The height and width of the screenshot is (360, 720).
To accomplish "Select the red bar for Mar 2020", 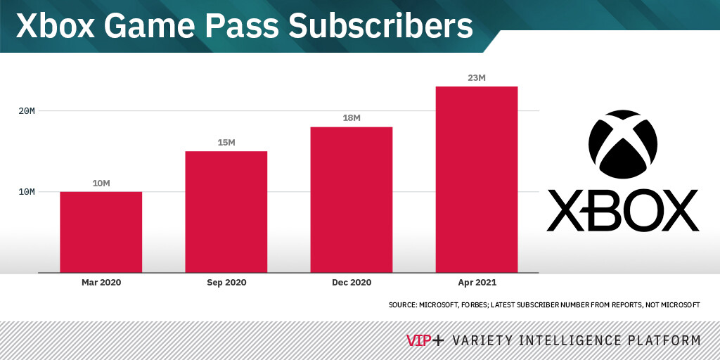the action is pyautogui.click(x=101, y=232).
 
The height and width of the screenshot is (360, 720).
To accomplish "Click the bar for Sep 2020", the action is pyautogui.click(x=226, y=212).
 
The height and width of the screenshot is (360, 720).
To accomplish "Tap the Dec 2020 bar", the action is pyautogui.click(x=352, y=200).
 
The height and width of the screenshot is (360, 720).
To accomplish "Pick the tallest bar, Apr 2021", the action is pyautogui.click(x=477, y=179).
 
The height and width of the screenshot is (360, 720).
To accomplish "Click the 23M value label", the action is pyautogui.click(x=477, y=78).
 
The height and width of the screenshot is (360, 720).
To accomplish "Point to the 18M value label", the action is pyautogui.click(x=352, y=118).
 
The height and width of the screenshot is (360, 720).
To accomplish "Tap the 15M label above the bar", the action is pyautogui.click(x=226, y=142).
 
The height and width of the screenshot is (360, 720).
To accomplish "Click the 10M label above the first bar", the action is pyautogui.click(x=101, y=184).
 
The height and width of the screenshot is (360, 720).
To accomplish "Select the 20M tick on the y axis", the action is pyautogui.click(x=27, y=111).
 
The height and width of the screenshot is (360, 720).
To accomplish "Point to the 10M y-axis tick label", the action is pyautogui.click(x=27, y=192).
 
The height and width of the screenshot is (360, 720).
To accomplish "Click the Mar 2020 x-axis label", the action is pyautogui.click(x=101, y=283).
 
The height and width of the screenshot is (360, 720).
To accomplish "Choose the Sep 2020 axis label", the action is pyautogui.click(x=226, y=283).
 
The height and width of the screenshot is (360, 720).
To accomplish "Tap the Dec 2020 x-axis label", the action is pyautogui.click(x=352, y=283).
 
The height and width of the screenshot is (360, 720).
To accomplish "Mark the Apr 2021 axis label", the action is pyautogui.click(x=477, y=283).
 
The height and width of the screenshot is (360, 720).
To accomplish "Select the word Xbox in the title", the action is pyautogui.click(x=55, y=26).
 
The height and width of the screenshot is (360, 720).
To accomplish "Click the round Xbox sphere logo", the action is pyautogui.click(x=623, y=144).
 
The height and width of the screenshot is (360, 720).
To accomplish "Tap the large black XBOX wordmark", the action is pyautogui.click(x=623, y=210).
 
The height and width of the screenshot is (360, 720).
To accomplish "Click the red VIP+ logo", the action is pyautogui.click(x=425, y=340).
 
